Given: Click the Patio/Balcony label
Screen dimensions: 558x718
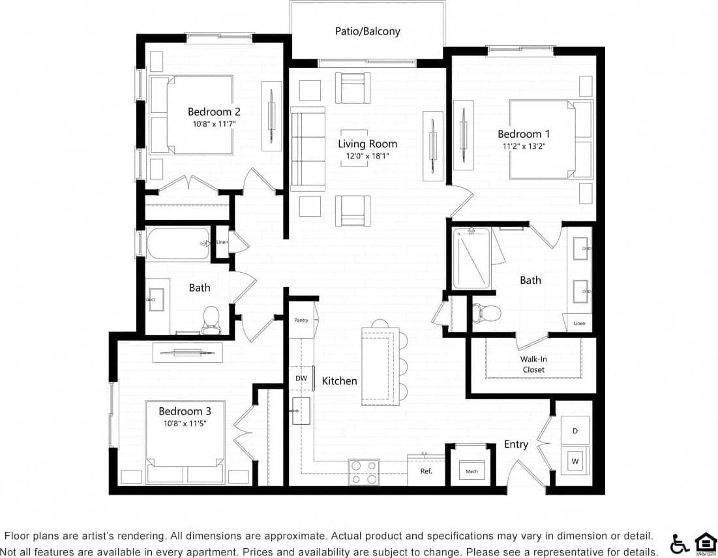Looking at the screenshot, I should click(367, 31).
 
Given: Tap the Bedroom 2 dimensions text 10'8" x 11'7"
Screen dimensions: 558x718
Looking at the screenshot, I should click(214, 123).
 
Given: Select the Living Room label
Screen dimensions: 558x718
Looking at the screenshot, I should click(367, 144).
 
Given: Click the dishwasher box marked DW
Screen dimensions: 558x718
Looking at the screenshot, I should click(301, 378).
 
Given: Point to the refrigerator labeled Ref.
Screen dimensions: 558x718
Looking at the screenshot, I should click(426, 471).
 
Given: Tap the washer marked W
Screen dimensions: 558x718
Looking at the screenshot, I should click(575, 461).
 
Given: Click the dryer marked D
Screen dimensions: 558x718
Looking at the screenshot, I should click(575, 431).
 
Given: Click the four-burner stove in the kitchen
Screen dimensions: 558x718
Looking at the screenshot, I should click(364, 472).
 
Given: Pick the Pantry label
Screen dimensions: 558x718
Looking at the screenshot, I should click(301, 320).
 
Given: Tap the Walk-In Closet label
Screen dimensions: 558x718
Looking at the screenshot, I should click(533, 364).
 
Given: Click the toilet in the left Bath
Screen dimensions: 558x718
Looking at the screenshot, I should click(211, 320).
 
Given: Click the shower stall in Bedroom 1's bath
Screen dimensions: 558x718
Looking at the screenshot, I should click(471, 258).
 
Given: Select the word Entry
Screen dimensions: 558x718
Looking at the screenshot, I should click(516, 444).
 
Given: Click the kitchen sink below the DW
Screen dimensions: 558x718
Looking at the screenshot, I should click(302, 411).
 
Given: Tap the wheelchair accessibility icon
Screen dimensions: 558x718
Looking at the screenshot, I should click(679, 543).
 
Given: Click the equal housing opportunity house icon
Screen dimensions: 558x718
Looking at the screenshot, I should click(705, 543).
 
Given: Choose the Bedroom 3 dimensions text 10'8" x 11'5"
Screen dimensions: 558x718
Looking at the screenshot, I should click(185, 424).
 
